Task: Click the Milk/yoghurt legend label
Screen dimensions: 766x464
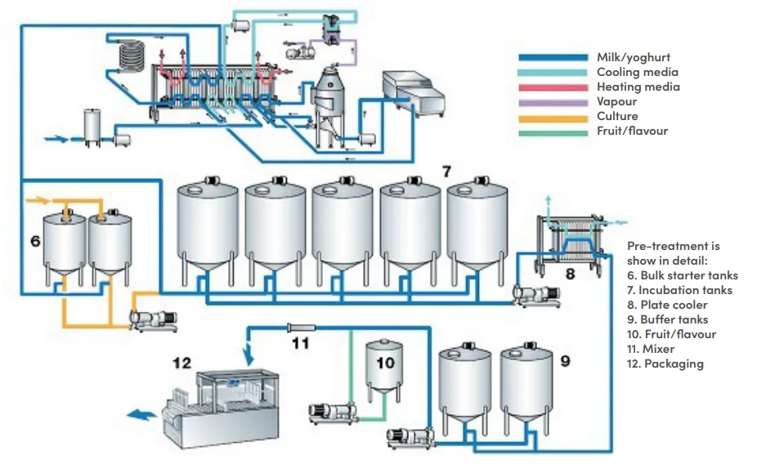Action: (633, 57)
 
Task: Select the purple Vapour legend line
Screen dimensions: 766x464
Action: (553, 102)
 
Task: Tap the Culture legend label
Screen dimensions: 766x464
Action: (617, 116)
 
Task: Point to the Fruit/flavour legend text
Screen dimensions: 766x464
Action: (632, 131)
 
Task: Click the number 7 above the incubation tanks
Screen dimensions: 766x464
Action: (446, 172)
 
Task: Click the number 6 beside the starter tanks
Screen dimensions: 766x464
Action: (35, 240)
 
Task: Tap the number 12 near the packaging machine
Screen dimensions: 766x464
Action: (181, 363)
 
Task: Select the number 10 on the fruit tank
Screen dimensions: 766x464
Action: (385, 363)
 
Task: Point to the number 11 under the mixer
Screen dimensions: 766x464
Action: (301, 343)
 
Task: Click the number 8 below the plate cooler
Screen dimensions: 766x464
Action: (570, 274)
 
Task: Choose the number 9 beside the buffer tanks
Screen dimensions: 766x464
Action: (565, 361)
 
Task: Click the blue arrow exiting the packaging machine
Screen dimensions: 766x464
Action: (141, 415)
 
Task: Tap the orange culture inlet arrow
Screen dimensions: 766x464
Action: (38, 200)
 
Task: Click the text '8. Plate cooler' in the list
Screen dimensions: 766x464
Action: (667, 305)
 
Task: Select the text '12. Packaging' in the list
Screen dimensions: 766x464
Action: (665, 364)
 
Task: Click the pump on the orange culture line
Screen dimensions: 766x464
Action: (152, 320)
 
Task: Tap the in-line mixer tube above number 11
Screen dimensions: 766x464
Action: (301, 327)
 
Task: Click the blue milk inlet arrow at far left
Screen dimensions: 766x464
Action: (56, 139)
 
